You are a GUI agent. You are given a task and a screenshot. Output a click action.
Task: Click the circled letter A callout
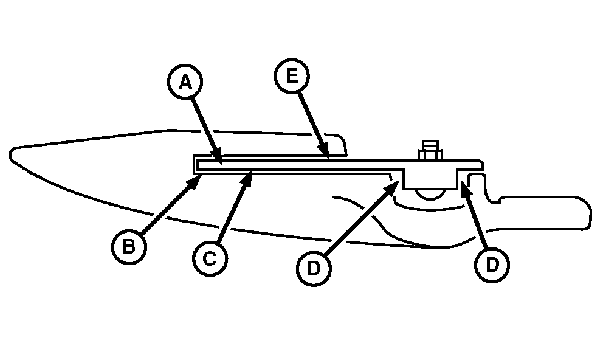185,81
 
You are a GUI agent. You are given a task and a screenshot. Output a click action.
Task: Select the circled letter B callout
129,247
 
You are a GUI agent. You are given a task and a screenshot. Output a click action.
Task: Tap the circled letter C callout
210,258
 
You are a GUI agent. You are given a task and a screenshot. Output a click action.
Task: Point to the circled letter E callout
292,76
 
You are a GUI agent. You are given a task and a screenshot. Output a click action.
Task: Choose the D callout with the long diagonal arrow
314,268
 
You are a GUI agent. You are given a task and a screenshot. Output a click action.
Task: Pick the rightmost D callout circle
492,265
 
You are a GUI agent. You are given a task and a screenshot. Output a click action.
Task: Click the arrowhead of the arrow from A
216,156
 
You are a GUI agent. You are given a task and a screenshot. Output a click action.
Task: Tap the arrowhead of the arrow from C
246,179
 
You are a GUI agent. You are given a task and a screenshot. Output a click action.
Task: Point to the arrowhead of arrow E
323,150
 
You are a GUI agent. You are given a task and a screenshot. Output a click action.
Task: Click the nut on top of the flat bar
431,151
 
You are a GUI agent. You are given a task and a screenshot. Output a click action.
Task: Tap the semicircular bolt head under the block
430,195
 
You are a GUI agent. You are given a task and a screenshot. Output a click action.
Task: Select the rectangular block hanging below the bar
430,178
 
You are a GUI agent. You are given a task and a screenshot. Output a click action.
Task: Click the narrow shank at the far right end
546,213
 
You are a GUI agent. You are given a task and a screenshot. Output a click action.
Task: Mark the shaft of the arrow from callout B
167,209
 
